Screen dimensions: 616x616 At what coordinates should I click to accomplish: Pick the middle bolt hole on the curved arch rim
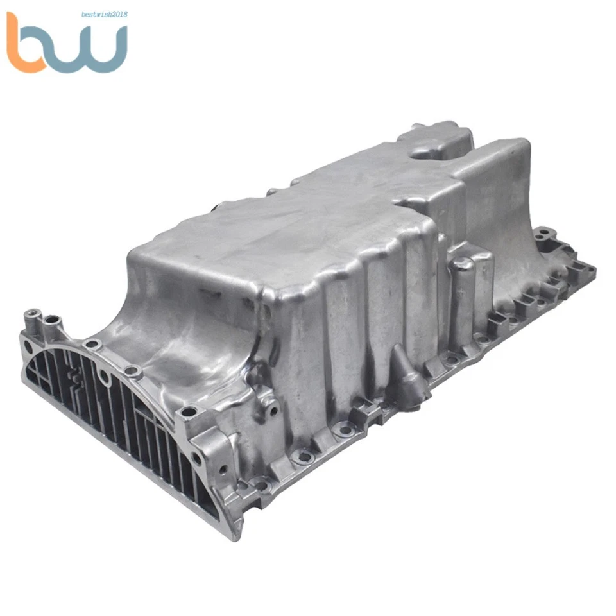(132, 370)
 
